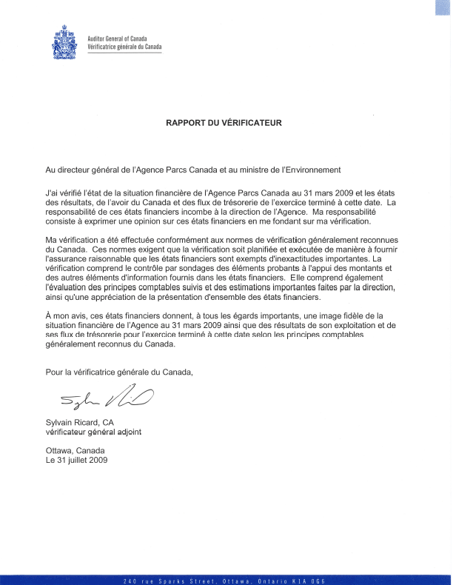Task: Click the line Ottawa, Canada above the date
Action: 75,450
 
